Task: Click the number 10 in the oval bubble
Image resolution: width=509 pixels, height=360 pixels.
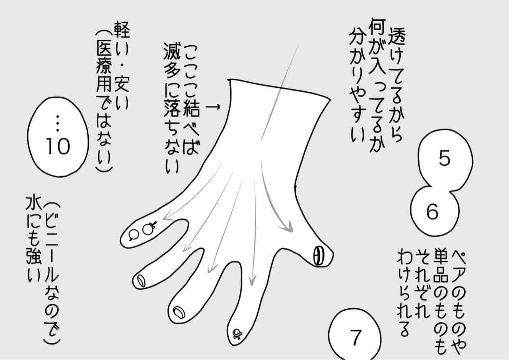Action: (x=58, y=146)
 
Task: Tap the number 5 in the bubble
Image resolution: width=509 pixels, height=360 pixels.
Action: (x=445, y=158)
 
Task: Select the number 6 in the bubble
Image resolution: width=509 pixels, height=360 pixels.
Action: (x=432, y=211)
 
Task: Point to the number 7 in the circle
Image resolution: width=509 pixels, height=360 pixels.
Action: (x=356, y=337)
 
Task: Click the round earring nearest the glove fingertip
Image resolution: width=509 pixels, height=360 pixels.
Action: (x=134, y=235)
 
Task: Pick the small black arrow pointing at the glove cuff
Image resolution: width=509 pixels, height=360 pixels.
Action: (x=213, y=106)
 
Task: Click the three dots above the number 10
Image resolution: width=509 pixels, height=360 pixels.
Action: (x=58, y=123)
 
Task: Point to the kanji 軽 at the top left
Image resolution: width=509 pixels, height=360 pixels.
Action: (x=122, y=30)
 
